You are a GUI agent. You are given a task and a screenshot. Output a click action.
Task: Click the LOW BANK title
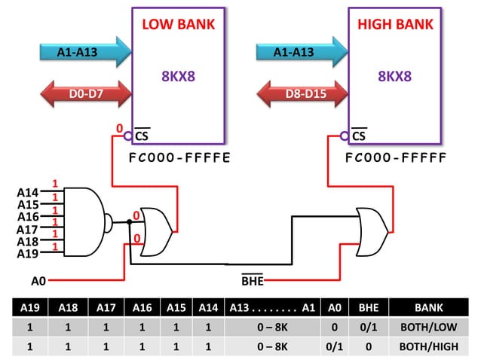coord(179,25)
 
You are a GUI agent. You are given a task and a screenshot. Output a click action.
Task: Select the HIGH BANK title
coord(394,25)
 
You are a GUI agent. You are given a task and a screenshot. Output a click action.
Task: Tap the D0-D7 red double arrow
coord(84,95)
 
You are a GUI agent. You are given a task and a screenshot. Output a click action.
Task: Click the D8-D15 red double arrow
coord(301,95)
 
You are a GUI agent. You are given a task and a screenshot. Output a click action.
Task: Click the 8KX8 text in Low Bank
coord(179,77)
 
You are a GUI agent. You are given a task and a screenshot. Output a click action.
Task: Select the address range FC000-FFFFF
coord(396,159)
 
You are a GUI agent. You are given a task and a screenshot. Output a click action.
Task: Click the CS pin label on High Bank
coord(359,136)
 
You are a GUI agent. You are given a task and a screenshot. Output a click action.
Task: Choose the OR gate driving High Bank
coord(371,230)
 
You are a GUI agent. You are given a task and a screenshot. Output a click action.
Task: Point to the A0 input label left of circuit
coord(38,281)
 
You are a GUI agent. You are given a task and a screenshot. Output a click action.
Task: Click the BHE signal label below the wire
coord(252,281)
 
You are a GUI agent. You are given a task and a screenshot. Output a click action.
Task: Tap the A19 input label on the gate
coord(28,254)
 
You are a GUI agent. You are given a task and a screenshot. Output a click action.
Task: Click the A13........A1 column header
coord(272,308)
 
